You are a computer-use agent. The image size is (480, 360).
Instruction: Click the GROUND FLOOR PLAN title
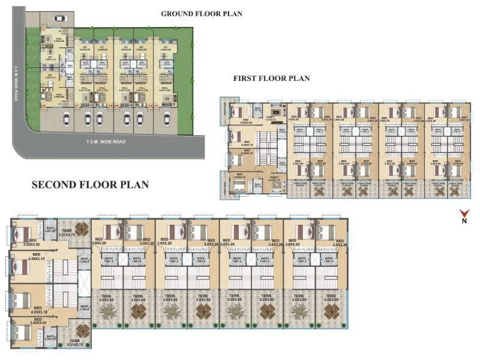pyautogui.click(x=201, y=14)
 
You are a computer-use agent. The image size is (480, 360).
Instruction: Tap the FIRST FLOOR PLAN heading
pyautogui.click(x=271, y=78)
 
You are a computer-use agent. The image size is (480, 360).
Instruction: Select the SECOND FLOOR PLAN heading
pyautogui.click(x=89, y=184)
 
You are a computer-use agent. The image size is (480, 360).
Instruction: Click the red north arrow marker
pyautogui.click(x=464, y=213)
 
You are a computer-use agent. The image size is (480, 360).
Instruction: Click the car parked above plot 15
pyautogui.click(x=59, y=18)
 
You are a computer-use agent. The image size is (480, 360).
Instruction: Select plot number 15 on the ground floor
pyautogui.click(x=43, y=29)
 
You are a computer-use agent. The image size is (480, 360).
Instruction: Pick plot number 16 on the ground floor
pyautogui.click(x=43, y=106)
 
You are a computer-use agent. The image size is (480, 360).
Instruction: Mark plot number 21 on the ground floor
pyautogui.click(x=157, y=106)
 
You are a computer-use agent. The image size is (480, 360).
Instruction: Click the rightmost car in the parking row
pyautogui.click(x=165, y=118)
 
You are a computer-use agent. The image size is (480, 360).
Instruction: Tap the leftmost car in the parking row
pyautogui.click(x=88, y=118)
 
